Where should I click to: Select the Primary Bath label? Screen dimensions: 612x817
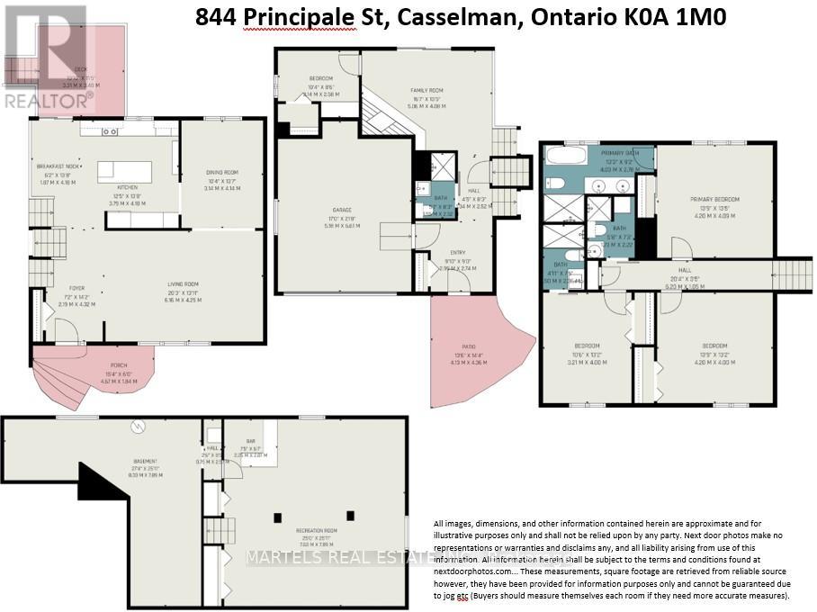pos(619,153)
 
